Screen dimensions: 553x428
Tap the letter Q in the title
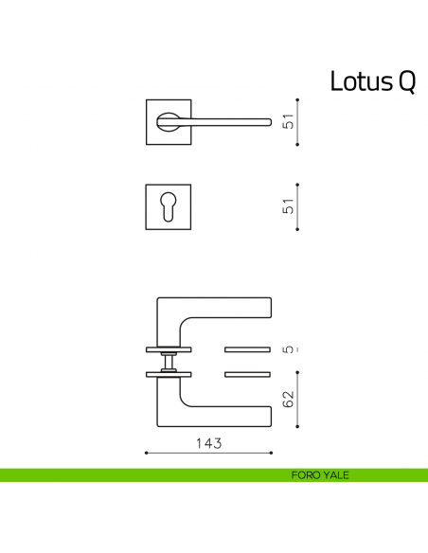click(402, 83)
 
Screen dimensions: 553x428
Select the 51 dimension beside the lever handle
click(291, 120)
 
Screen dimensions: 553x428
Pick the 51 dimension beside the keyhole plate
click(291, 206)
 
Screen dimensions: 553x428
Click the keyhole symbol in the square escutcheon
click(169, 206)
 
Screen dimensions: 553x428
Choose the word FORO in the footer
click(307, 475)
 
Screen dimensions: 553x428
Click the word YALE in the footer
click(335, 475)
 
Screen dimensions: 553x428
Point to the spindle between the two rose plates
click(169, 361)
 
